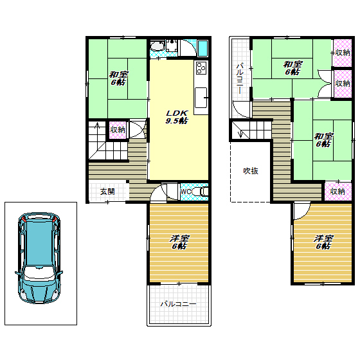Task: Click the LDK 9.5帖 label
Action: coord(177,117)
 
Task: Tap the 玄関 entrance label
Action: coord(107,192)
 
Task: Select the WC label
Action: coord(186,192)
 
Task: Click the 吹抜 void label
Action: coord(251,171)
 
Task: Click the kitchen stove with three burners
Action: coord(201,67)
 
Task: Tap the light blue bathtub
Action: coord(203,48)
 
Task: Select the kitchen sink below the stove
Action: coord(201,98)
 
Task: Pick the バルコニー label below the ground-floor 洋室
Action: coord(179,304)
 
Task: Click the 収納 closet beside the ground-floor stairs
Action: coord(118,130)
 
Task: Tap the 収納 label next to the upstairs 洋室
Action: coord(337,192)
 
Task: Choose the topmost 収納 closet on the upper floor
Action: coord(343,53)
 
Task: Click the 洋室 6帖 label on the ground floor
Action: coord(179,242)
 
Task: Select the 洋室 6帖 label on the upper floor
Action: coord(323,242)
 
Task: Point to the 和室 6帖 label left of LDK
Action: coord(118,78)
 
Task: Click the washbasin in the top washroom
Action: coord(157,46)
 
